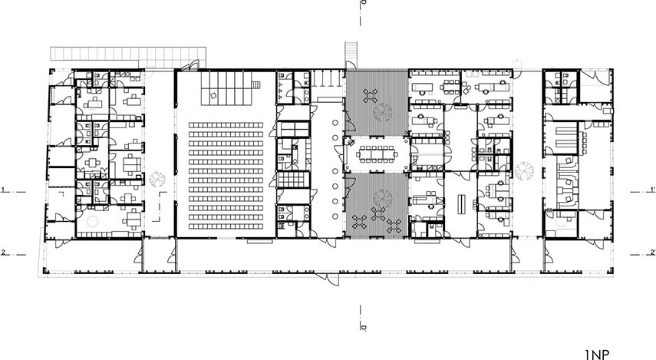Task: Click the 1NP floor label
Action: click(x=597, y=355)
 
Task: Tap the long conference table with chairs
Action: click(x=377, y=155)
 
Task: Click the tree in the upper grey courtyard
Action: click(x=383, y=112)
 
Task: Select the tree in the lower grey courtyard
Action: click(x=382, y=197)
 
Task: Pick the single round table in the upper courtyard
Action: click(x=371, y=95)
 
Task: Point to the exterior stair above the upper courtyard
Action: click(x=351, y=54)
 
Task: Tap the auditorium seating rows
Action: click(x=226, y=175)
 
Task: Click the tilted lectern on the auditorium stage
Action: click(x=213, y=95)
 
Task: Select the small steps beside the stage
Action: click(x=255, y=85)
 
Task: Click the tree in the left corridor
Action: click(x=157, y=179)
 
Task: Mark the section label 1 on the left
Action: click(x=3, y=190)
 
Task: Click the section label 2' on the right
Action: click(x=652, y=252)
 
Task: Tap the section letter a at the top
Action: click(x=364, y=3)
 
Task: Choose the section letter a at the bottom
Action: click(x=364, y=326)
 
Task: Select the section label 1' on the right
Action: click(x=652, y=189)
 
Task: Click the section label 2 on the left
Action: click(x=3, y=252)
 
